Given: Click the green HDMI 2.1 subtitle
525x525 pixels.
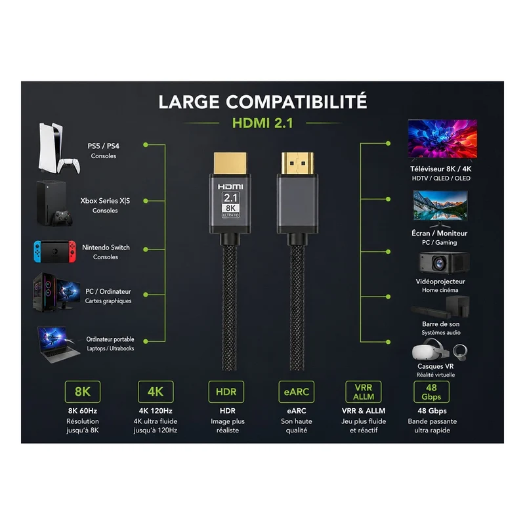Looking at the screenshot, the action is click(x=262, y=123).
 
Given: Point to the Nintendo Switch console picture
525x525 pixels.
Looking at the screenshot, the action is click(x=54, y=251).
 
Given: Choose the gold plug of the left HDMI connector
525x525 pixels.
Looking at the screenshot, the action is click(x=230, y=163).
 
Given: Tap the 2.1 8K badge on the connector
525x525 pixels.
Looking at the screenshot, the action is click(x=231, y=205).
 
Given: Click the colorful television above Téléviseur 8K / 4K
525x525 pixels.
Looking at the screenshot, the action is click(x=442, y=139).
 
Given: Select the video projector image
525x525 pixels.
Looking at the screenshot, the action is click(x=444, y=263).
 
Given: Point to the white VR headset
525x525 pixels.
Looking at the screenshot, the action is click(x=430, y=350).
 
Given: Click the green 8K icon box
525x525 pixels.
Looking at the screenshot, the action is click(x=83, y=391).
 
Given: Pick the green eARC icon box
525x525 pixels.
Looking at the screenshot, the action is click(x=297, y=391).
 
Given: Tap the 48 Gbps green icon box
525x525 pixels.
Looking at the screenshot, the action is click(x=431, y=391).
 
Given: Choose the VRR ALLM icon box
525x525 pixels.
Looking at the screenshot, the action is click(x=364, y=391).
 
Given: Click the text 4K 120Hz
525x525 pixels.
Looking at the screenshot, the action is click(x=156, y=411).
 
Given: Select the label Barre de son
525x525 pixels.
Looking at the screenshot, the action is click(x=440, y=324).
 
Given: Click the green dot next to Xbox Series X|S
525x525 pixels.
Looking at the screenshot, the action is click(x=146, y=201).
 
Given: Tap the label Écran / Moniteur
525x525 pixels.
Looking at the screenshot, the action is click(x=439, y=233).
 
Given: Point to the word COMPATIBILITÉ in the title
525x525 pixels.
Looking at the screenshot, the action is click(x=297, y=102).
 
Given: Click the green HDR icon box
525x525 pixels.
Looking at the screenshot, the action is click(x=226, y=391).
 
